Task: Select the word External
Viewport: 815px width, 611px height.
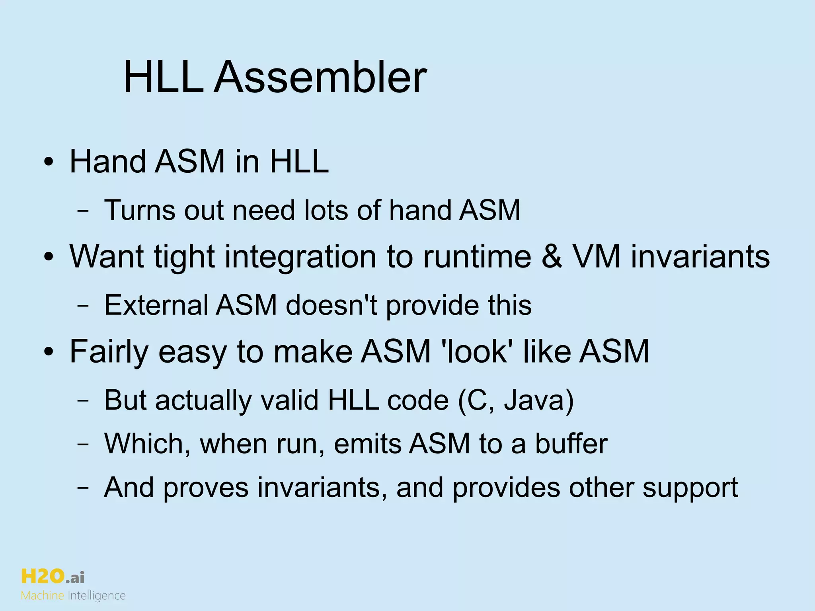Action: (x=156, y=305)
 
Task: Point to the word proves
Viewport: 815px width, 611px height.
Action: (x=206, y=488)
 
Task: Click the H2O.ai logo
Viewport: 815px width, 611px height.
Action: (x=52, y=577)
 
